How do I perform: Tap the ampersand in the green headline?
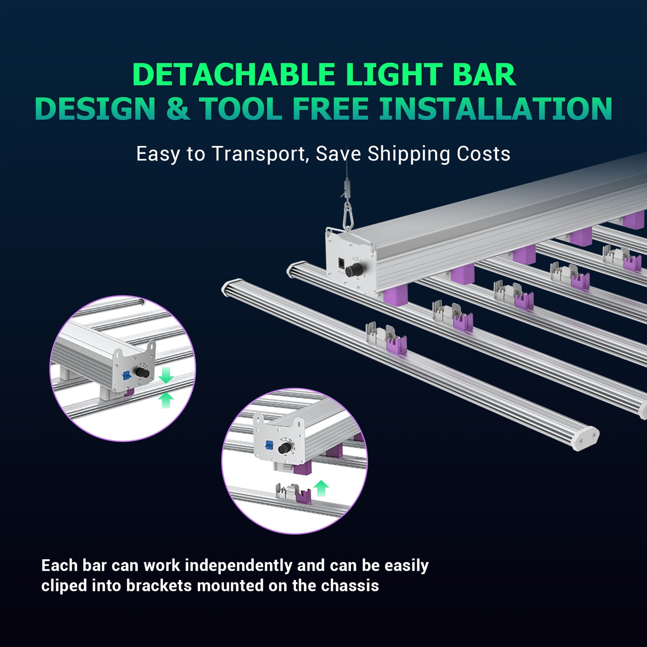pos(178,109)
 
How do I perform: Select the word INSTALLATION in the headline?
pos(496,109)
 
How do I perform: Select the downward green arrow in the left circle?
pos(166,375)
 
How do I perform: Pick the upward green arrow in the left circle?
pos(166,400)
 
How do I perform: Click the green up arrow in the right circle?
pos(321,488)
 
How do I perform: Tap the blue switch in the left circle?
pos(126,375)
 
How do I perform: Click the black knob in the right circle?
pos(283,448)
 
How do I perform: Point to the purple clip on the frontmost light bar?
pos(397,345)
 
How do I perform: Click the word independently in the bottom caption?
pos(239,566)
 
